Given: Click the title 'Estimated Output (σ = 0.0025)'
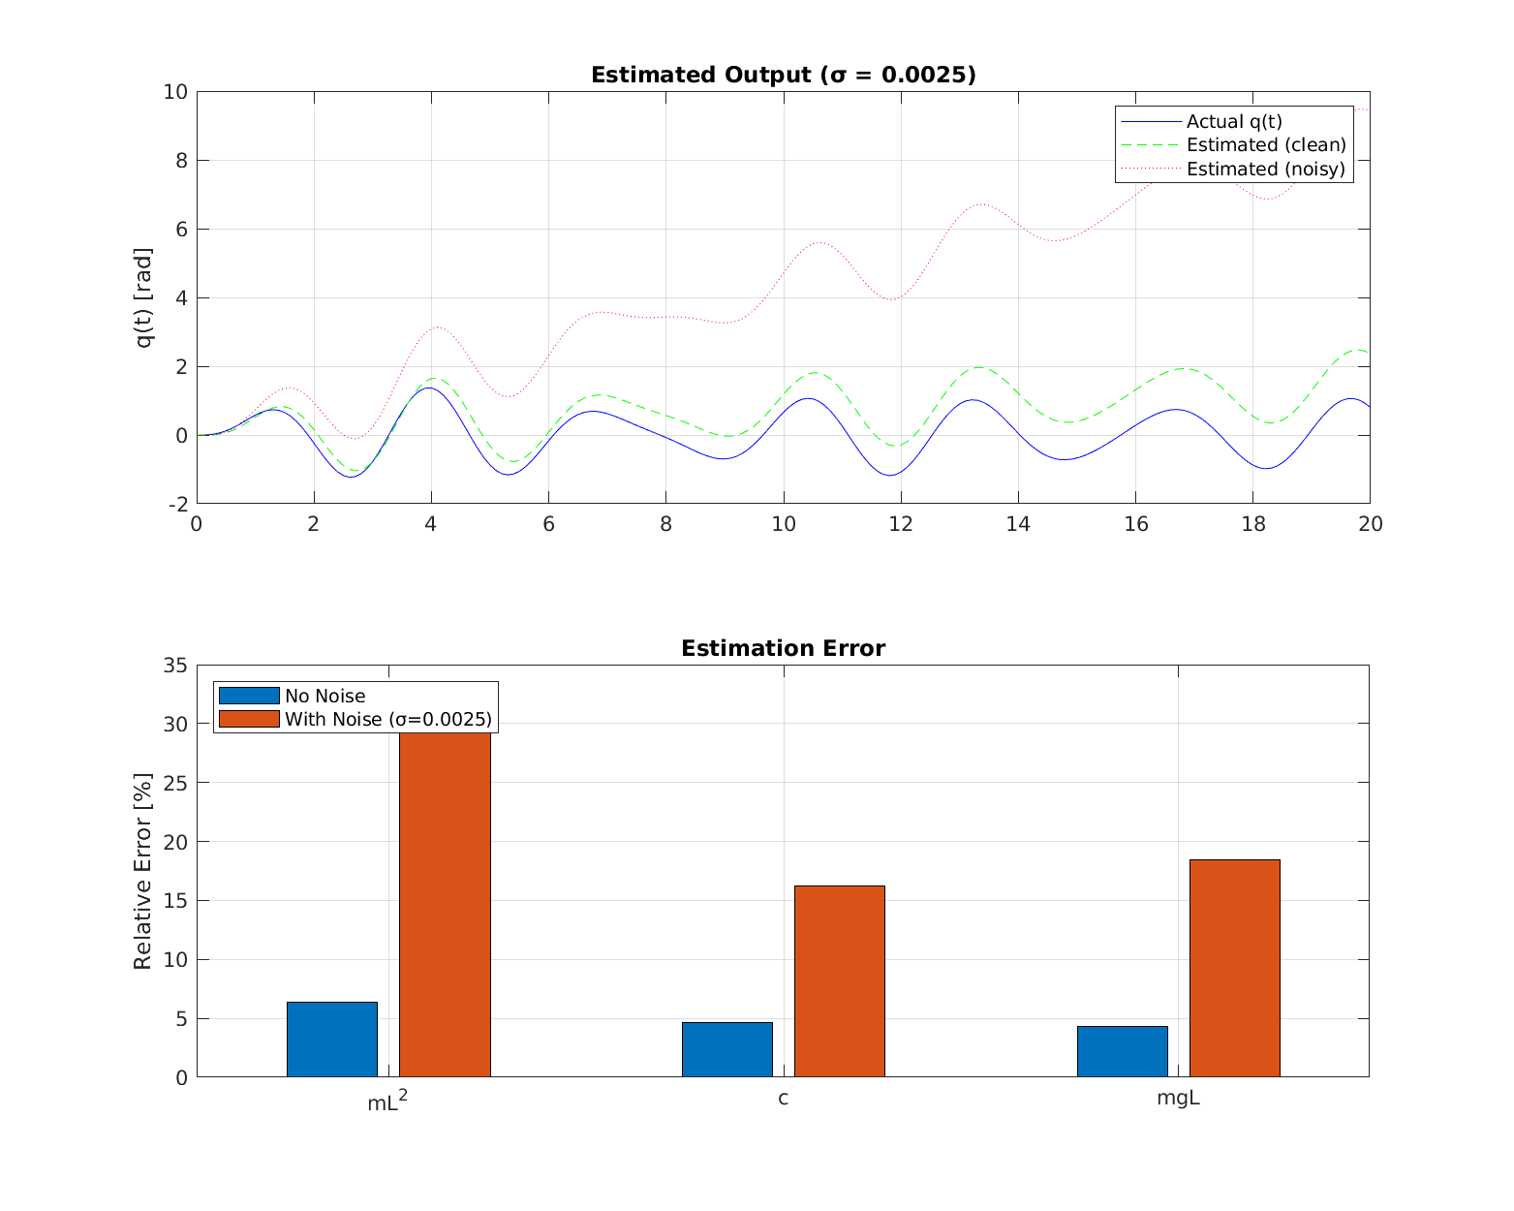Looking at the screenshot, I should click(783, 75).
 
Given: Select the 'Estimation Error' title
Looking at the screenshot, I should click(783, 648).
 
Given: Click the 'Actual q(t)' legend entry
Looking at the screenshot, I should click(1233, 121).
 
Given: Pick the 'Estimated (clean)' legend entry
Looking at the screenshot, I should click(1265, 144).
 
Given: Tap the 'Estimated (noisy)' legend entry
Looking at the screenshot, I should click(1265, 169).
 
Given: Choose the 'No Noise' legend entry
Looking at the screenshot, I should click(324, 696).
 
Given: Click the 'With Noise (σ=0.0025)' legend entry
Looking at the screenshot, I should click(387, 719).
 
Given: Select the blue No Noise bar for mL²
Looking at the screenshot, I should click(332, 1039).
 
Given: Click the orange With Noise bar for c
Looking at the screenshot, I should click(839, 980).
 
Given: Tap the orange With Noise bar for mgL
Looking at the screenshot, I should click(1234, 968).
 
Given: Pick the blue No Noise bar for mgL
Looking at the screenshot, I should click(1122, 1051).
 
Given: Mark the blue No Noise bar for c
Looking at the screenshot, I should click(726, 1049).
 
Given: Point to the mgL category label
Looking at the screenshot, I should click(1178, 1099).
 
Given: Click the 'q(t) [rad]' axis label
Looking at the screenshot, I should click(143, 297).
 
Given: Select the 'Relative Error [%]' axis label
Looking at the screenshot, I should click(142, 871).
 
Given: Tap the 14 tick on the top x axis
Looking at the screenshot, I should click(1018, 524).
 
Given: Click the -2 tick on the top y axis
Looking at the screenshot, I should click(178, 504).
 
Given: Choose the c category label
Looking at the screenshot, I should click(783, 1099).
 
